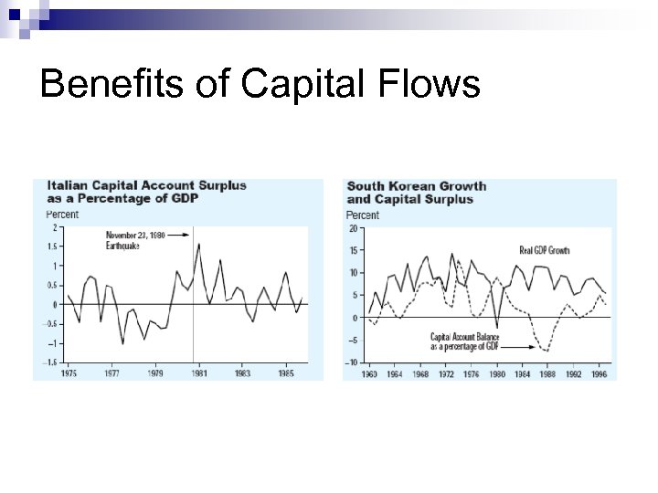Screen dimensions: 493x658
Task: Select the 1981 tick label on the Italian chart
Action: [200, 373]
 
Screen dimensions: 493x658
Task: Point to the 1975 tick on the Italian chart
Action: [68, 373]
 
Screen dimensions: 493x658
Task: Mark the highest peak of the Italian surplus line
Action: [199, 244]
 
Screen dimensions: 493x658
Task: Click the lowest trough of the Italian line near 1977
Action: [123, 343]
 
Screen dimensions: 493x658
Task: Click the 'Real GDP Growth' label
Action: [544, 249]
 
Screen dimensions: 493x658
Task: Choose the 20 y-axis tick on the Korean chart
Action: [353, 229]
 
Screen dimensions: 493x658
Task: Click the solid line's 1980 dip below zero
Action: [496, 327]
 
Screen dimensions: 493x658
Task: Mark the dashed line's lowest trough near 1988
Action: [547, 350]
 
